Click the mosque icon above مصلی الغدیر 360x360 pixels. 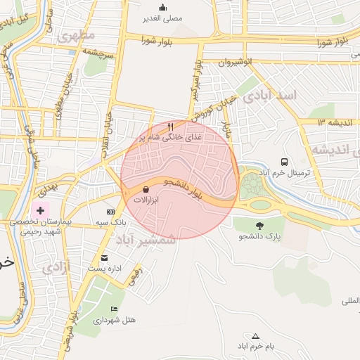coord(162,7)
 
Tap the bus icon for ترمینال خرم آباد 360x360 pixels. coord(284,162)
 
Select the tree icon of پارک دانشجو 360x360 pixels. coord(260,226)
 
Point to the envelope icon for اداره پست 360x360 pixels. coord(105,257)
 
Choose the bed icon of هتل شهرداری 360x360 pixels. coord(114,309)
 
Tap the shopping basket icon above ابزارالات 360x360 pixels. coord(146,189)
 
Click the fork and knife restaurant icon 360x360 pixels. coord(170,126)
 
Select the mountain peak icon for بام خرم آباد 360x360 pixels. coord(255,336)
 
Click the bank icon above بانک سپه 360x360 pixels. coord(110,212)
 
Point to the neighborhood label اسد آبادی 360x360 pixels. coord(270,95)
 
